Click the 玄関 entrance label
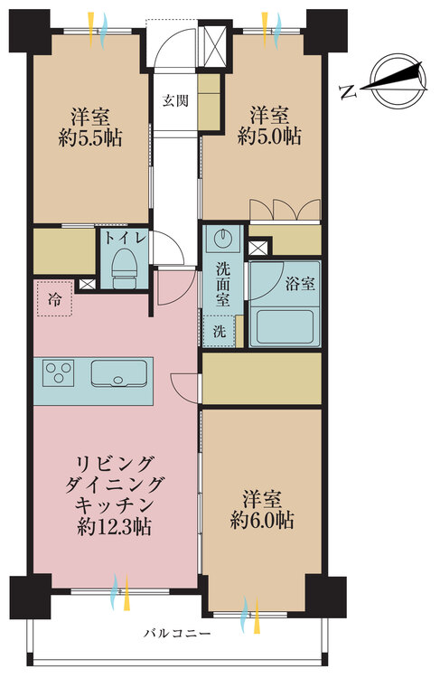175,100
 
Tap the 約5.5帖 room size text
90,138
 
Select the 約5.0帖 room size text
269,137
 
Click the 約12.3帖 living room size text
114,526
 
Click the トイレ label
123,238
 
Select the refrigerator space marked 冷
54,298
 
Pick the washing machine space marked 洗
220,331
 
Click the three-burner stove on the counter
59,372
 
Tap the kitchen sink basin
119,372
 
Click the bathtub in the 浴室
284,327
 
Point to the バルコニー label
178,634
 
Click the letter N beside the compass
349,91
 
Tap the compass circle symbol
399,80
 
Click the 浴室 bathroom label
300,284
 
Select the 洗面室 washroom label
223,284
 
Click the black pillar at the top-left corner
30,32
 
